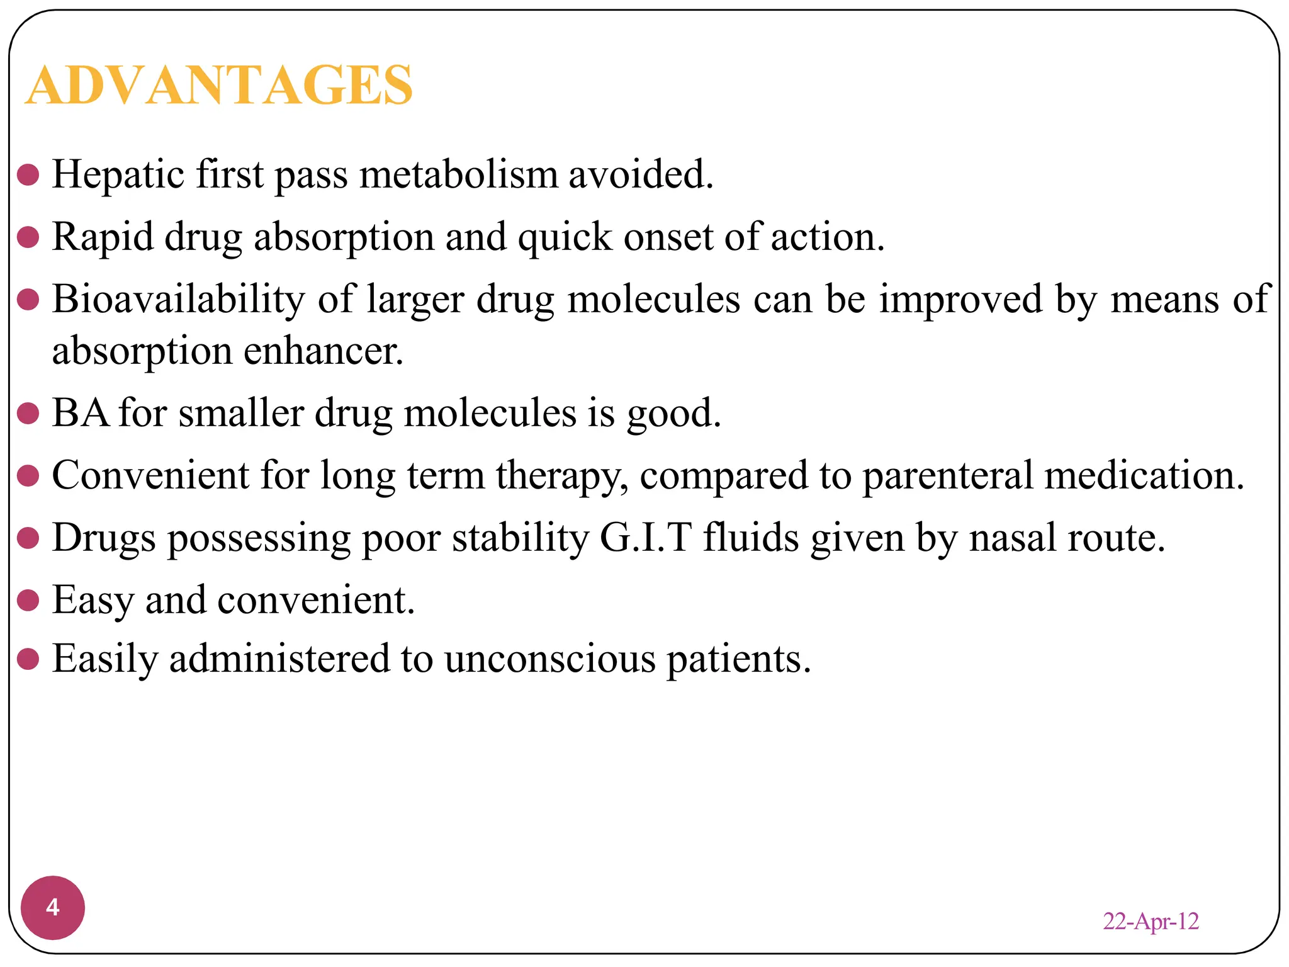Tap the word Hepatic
pos(118,174)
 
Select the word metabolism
pos(458,174)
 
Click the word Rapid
pos(102,237)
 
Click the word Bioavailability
pos(178,299)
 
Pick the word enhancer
pos(323,351)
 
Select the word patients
pos(738,659)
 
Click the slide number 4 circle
pos(53,907)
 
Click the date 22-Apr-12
pos(1151,921)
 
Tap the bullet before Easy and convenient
pos(28,600)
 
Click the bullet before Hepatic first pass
pos(28,175)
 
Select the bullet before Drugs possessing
pos(28,538)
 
